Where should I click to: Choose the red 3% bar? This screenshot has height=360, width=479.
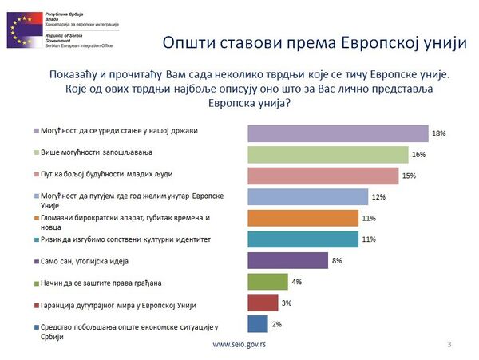[x=263, y=303]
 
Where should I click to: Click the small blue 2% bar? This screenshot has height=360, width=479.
[x=258, y=323]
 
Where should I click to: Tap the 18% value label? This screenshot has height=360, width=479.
[x=437, y=133]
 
